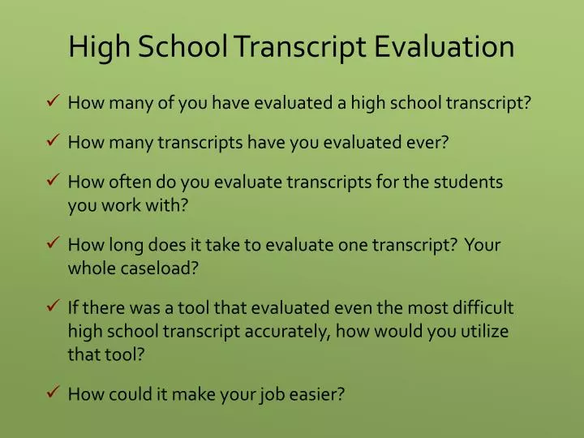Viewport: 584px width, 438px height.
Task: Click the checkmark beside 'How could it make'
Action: [x=51, y=393]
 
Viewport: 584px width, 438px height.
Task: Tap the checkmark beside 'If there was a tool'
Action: [x=51, y=307]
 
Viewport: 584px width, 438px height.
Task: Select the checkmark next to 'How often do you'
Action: [x=51, y=181]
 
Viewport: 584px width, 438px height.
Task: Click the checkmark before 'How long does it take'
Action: [x=51, y=244]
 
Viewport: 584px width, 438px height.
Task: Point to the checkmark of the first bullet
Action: [x=51, y=102]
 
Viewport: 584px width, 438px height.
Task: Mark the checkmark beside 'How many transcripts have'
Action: [x=51, y=141]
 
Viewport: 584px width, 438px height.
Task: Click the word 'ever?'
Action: [x=428, y=143]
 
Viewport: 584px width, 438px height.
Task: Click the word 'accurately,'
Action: [x=285, y=332]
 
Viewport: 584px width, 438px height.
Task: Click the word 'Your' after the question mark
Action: [x=483, y=246]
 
